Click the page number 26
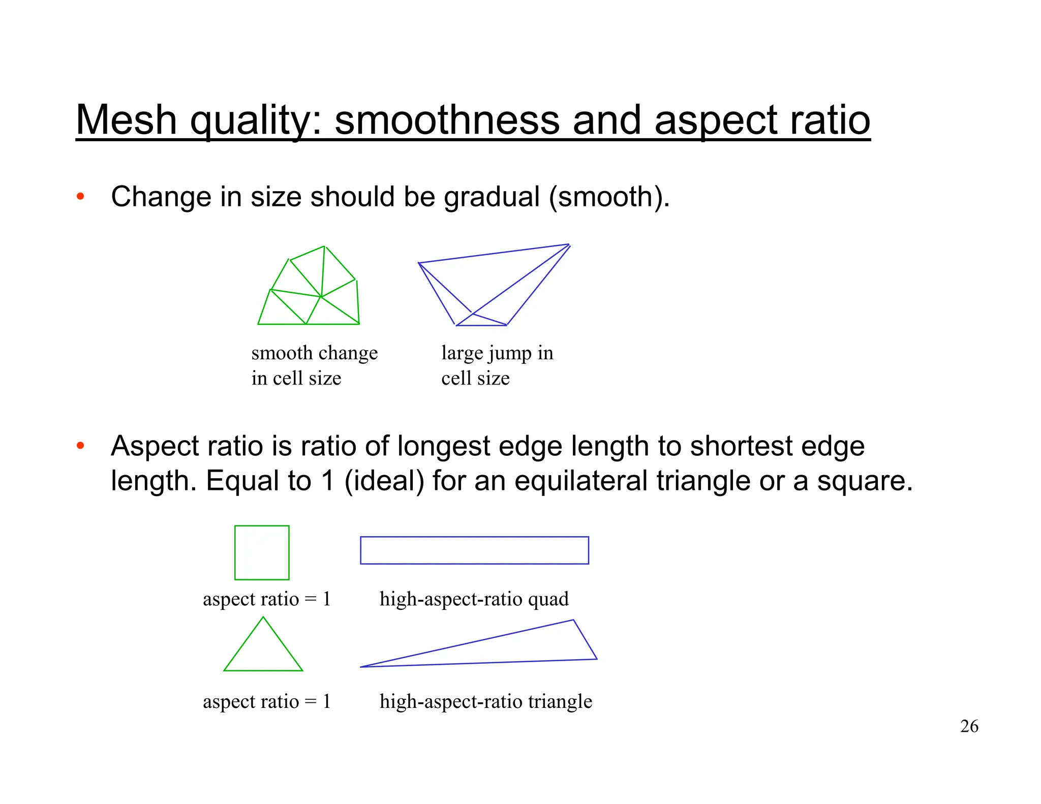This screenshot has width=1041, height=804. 969,726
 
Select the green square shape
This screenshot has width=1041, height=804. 262,552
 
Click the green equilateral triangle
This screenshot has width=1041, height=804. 263,651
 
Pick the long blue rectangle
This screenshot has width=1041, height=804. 474,550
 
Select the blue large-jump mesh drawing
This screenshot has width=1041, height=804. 493,285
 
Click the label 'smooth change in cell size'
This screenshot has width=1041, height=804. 314,365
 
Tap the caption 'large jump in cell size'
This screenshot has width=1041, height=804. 497,365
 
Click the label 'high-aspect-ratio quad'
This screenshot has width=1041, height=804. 474,599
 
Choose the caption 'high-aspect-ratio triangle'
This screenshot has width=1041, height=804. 485,701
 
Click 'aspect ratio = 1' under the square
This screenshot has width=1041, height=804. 266,599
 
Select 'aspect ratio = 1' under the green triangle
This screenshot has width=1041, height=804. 266,701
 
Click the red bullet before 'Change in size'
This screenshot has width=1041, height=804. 80,197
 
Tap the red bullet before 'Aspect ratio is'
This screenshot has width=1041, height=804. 80,446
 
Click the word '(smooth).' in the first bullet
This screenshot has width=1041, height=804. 609,197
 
